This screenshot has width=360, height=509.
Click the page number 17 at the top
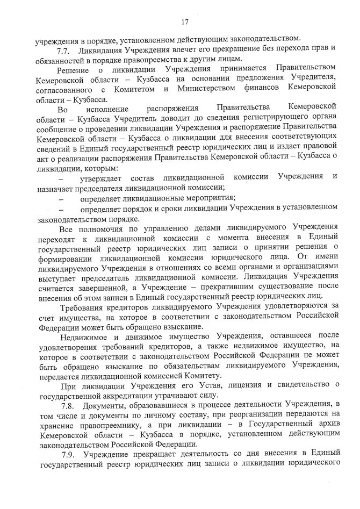tap(185, 22)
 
